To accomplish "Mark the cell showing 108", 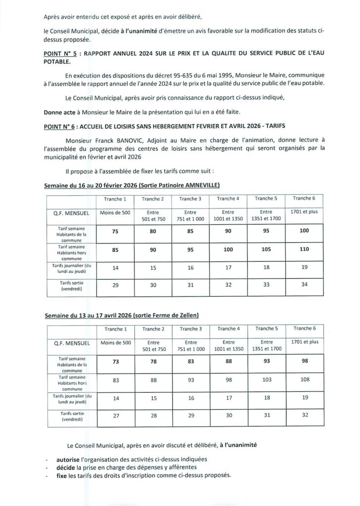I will pos(304,380).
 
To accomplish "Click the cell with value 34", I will pos(304,285).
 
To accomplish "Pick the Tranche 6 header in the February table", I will pos(304,199).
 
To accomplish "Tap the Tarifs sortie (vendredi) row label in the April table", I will pos(72,416).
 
